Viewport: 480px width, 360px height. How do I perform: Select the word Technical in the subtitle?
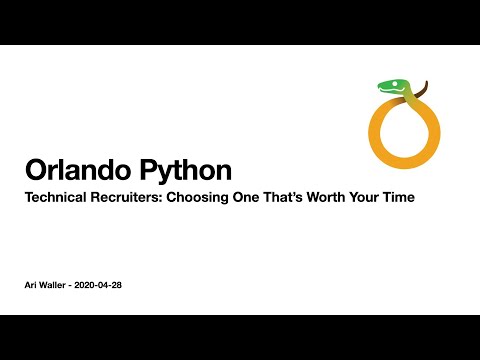pos(55,198)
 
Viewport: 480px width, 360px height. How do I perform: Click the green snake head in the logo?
pos(390,87)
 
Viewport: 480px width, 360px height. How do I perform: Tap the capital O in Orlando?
pos(38,169)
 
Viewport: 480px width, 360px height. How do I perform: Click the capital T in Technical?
pos(29,198)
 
